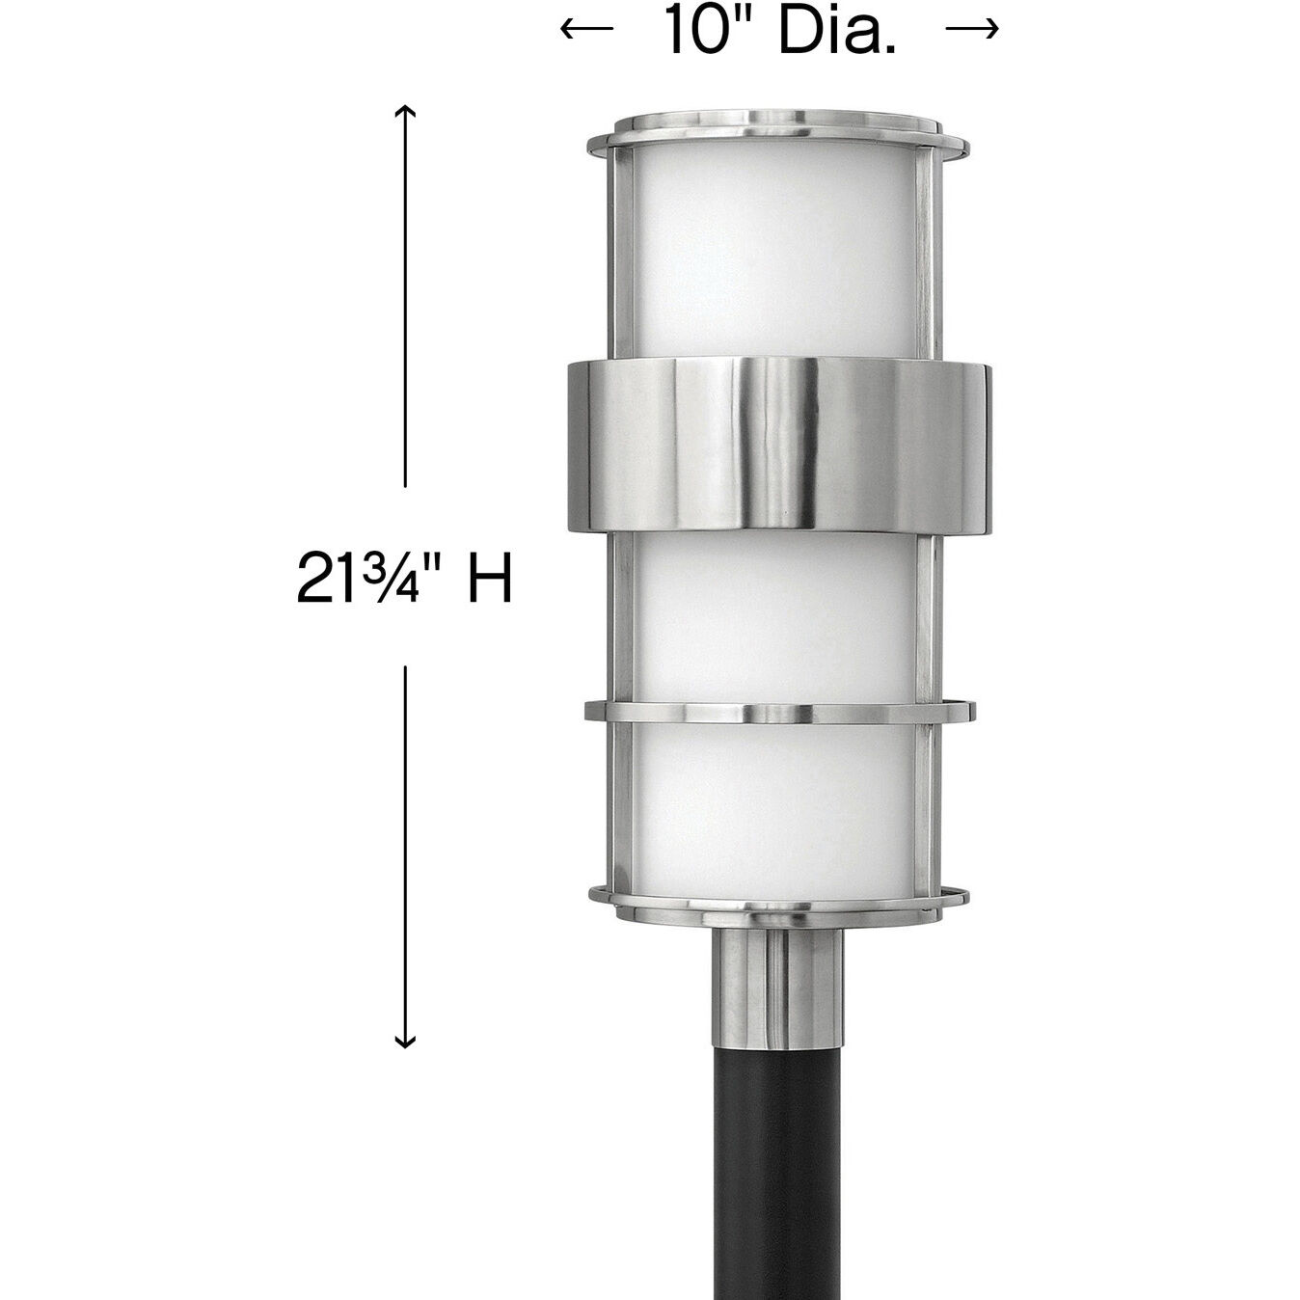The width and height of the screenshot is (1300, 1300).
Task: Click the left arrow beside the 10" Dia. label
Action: coord(586,29)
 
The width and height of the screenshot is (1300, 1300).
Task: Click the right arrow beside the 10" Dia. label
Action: coord(972,29)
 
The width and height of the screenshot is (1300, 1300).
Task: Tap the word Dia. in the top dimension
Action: coord(837,31)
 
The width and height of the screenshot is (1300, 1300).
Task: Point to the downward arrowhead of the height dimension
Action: coord(406,1040)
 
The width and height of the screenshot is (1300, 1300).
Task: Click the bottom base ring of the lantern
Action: coord(776,899)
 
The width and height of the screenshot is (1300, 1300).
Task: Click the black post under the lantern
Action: coord(776,1157)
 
